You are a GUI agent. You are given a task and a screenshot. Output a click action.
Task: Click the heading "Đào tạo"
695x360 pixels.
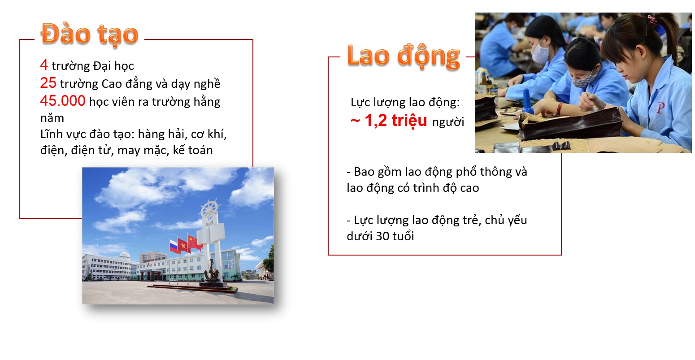[x=90, y=34]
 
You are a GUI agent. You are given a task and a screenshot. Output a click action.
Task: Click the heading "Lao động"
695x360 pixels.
[x=404, y=56]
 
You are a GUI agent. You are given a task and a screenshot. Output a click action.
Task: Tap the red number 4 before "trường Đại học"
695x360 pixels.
[x=44, y=65]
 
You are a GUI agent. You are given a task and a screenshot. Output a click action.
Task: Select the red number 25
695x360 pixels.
[x=48, y=83]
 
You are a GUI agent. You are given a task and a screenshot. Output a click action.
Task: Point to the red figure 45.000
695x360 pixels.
[x=63, y=101]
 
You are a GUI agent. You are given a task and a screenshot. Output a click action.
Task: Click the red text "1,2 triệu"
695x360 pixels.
[x=396, y=121]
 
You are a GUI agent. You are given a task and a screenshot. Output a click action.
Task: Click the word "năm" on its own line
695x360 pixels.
[x=52, y=118]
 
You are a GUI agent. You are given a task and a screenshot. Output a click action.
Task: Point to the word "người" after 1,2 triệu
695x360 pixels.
[x=448, y=122]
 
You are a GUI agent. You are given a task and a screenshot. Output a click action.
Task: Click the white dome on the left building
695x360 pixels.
[x=125, y=256]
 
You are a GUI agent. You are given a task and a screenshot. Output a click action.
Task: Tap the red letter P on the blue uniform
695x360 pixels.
[x=660, y=108]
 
